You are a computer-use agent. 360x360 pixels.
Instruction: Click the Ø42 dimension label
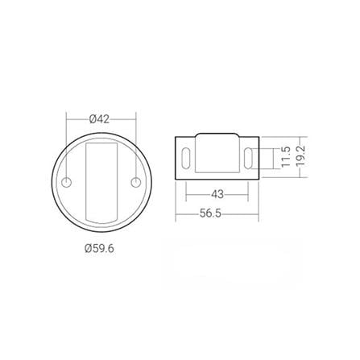pyautogui.click(x=99, y=118)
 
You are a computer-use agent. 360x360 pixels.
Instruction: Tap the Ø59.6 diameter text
pyautogui.click(x=99, y=249)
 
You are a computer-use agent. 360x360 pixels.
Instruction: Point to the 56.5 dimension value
pyautogui.click(x=217, y=213)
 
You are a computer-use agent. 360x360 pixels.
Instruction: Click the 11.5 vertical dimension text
pyautogui.click(x=285, y=155)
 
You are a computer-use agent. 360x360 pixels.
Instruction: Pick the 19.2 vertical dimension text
pyautogui.click(x=301, y=155)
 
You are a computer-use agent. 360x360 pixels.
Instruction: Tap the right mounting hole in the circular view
pyautogui.click(x=136, y=178)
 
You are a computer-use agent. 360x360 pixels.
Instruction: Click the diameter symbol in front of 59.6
pyautogui.click(x=86, y=249)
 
